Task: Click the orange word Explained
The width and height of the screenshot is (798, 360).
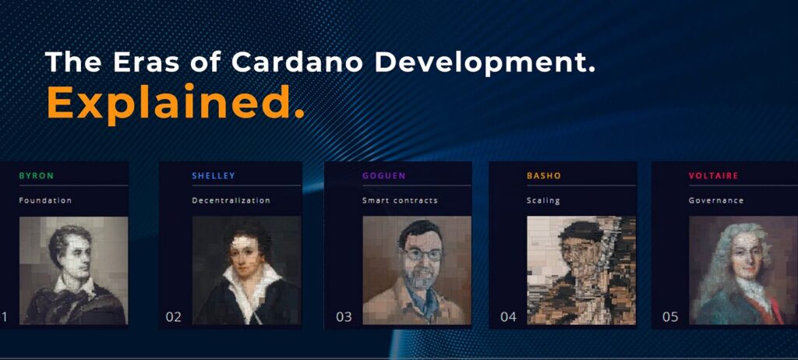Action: [x=175, y=101]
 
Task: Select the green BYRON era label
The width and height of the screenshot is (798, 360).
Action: [x=36, y=176]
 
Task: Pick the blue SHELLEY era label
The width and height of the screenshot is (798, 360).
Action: [x=214, y=176]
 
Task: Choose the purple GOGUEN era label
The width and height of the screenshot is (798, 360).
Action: [x=383, y=176]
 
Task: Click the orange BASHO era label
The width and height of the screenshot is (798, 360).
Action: [x=543, y=176]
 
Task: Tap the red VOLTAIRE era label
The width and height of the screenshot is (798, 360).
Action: [x=713, y=176]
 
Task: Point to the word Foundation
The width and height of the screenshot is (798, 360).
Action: [x=45, y=200]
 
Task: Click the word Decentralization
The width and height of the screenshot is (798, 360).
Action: [x=231, y=200]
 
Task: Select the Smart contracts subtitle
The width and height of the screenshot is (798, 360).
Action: [x=400, y=200]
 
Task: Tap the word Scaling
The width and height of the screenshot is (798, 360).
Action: [x=543, y=200]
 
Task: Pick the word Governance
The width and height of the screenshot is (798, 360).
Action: [x=715, y=200]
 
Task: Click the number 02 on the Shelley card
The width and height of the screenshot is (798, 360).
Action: [x=173, y=317]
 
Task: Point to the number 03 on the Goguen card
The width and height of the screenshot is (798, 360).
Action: [x=344, y=317]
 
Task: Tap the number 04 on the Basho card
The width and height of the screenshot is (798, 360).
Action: [x=508, y=317]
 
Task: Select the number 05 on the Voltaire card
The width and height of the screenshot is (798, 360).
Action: [x=670, y=317]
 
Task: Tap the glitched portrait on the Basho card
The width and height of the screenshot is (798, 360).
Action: [x=581, y=270]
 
